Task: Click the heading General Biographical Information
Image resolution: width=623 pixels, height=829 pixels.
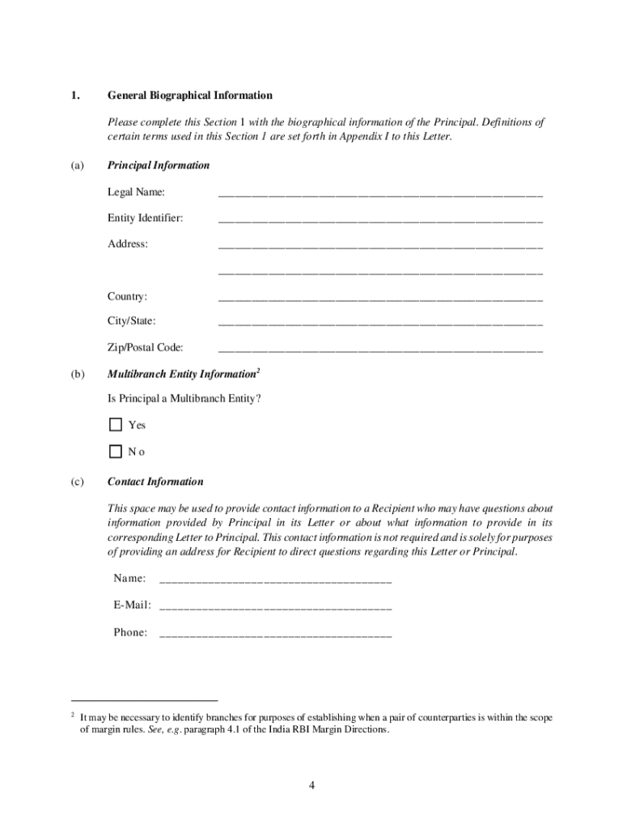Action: coord(189,96)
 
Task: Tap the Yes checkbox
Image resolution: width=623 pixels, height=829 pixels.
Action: coord(115,425)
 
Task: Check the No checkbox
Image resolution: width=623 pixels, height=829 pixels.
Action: coord(115,451)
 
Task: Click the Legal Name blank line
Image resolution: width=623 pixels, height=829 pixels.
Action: coord(380,194)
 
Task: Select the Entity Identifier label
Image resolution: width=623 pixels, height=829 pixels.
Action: coord(145,219)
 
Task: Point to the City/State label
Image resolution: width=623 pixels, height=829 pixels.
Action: coord(132,322)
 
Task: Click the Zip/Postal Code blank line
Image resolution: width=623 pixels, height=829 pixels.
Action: coord(380,350)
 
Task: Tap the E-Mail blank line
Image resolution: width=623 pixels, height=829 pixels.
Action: coord(276,606)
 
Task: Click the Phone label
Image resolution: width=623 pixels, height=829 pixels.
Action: coord(130,632)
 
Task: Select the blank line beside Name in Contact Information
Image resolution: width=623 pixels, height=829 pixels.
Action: coord(276,580)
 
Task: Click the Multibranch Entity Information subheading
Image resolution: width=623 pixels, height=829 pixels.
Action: coord(181,375)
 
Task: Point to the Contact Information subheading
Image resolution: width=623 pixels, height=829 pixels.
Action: coord(155,482)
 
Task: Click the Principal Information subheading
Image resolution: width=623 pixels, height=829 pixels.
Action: coord(159,165)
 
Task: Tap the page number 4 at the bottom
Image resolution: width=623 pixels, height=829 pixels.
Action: coord(311,785)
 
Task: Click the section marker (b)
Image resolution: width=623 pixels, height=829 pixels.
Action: coord(78,375)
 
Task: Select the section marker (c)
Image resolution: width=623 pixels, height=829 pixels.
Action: coord(77,482)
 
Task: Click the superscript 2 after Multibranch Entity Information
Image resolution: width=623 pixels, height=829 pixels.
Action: coord(258,371)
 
